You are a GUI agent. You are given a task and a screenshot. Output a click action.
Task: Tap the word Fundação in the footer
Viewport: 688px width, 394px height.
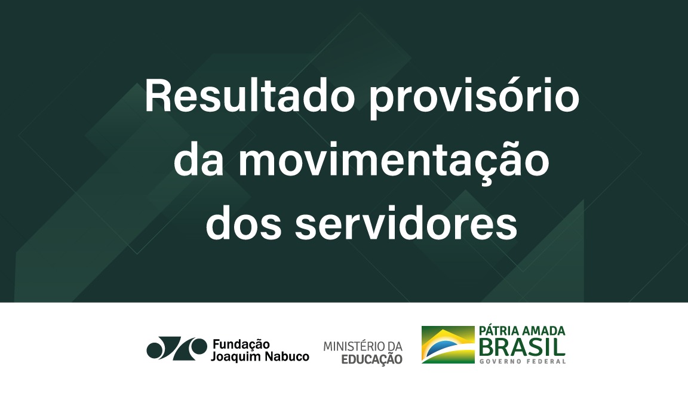click(241, 344)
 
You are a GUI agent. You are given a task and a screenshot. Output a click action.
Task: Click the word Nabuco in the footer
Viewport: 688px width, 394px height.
click(289, 357)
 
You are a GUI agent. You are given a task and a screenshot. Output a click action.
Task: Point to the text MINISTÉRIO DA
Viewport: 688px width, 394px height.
click(363, 346)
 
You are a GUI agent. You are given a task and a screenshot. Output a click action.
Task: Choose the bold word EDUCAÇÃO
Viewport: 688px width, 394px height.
click(372, 359)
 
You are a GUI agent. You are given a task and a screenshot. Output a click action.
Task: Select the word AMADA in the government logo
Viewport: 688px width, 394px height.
click(544, 331)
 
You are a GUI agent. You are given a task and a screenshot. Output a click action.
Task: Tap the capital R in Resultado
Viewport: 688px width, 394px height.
click(157, 97)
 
